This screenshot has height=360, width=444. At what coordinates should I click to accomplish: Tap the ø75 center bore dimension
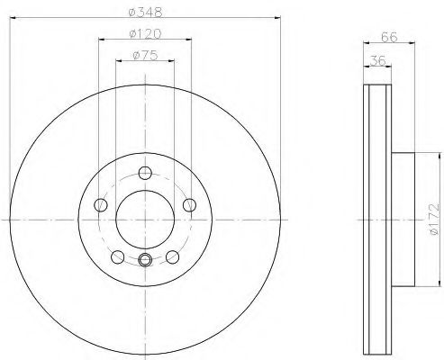point(143,56)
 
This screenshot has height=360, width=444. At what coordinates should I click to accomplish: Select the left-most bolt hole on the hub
point(100,205)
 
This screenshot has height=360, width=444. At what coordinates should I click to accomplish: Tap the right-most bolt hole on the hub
point(188,205)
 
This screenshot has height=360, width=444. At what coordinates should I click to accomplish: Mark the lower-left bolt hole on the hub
point(117,256)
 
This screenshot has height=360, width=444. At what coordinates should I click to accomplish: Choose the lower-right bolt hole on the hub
point(171,256)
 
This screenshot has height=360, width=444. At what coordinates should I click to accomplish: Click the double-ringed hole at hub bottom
point(144,261)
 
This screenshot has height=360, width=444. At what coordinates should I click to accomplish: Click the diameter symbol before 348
point(131,11)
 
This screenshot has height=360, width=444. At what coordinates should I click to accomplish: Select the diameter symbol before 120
point(131,35)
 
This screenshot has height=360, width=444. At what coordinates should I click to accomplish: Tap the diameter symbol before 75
point(134,56)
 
